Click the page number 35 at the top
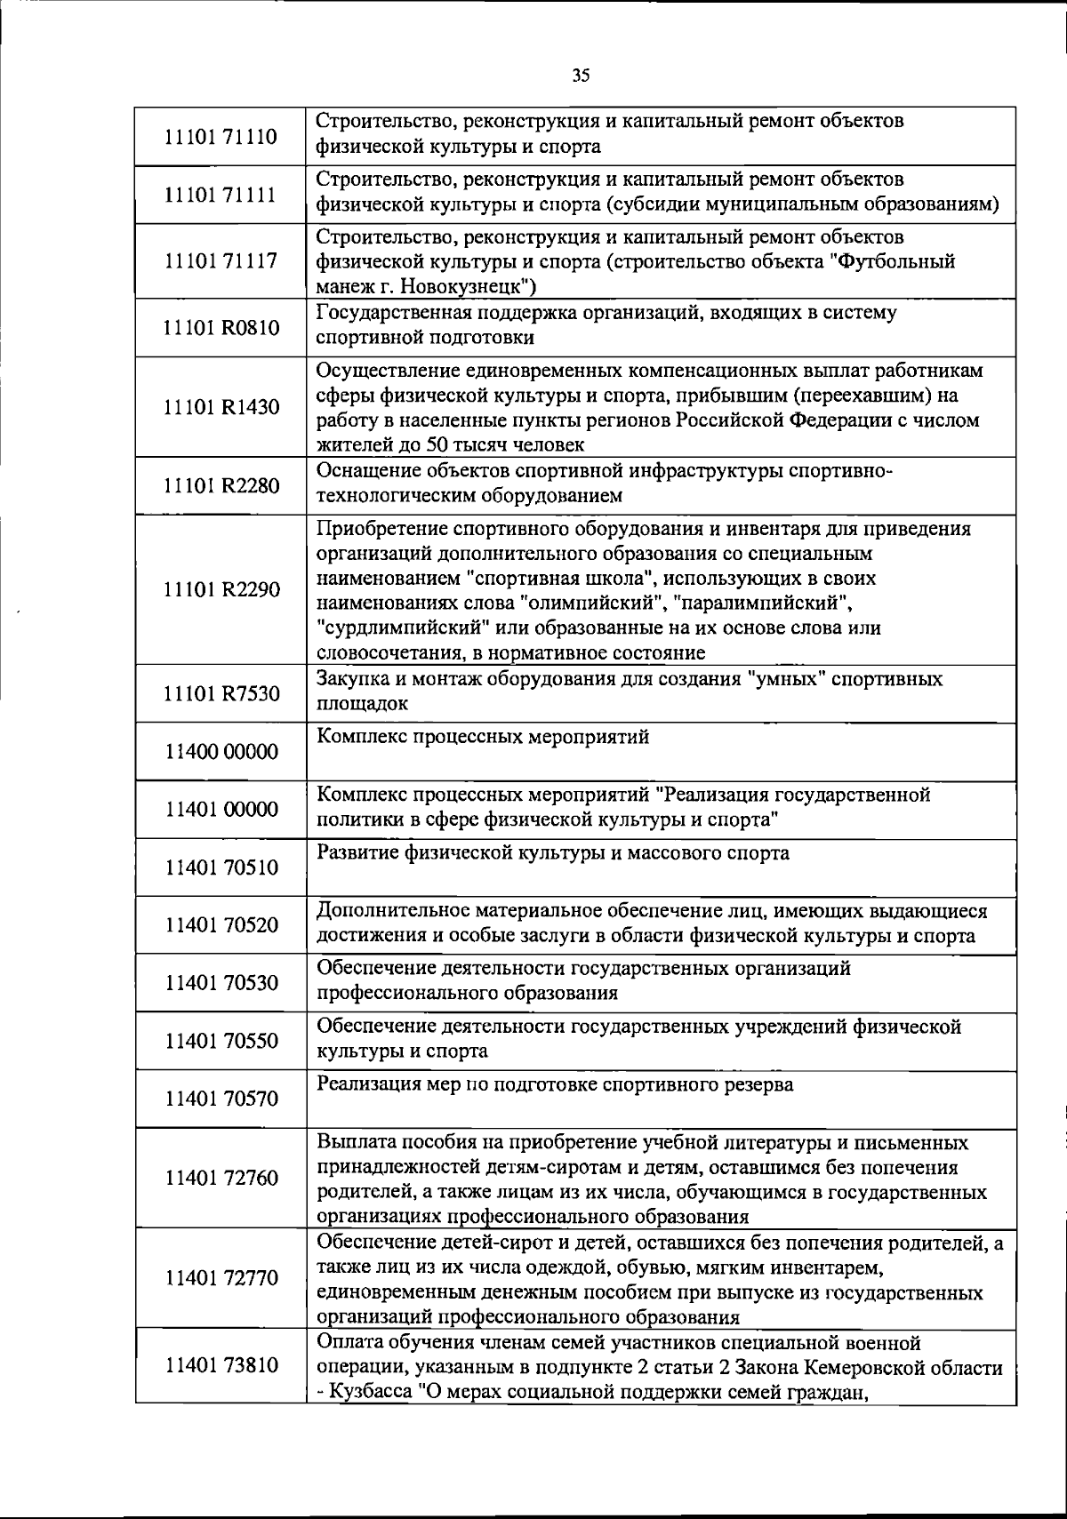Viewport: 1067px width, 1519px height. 581,76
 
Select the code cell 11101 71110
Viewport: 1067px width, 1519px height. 221,137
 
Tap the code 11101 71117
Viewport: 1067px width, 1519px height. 221,261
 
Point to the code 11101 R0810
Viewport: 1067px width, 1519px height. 221,328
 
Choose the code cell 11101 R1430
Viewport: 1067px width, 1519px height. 221,407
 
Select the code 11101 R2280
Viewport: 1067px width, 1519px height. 221,485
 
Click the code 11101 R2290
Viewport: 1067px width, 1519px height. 221,589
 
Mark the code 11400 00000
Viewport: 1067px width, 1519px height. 221,752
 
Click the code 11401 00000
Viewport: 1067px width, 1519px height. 221,810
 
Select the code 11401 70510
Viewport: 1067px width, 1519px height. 221,867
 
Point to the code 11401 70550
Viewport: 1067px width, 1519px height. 221,1041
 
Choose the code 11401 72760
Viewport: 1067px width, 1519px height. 221,1179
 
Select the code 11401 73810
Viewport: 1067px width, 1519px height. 221,1365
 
